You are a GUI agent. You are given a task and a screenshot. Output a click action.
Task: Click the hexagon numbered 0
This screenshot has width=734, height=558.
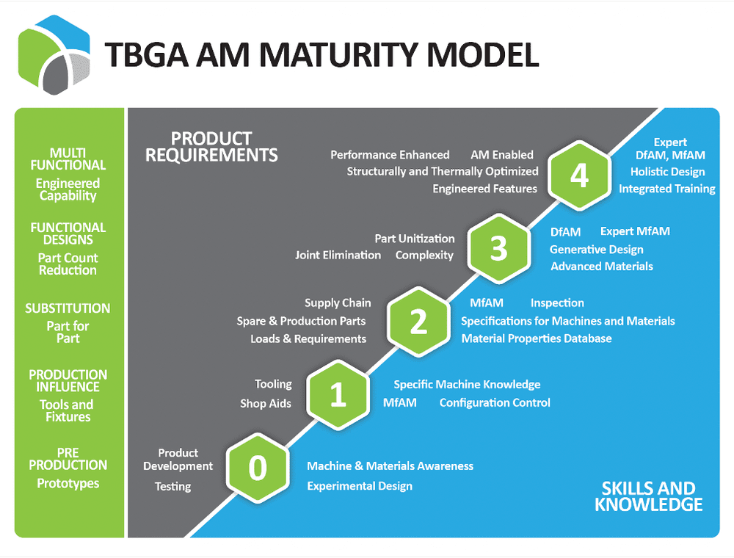[x=257, y=468]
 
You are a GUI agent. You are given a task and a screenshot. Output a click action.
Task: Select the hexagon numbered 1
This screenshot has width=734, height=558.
[x=338, y=394]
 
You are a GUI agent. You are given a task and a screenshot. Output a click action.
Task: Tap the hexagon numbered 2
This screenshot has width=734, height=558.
[x=418, y=322]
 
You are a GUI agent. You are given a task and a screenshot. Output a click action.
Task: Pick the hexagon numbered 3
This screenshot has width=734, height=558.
[x=499, y=248]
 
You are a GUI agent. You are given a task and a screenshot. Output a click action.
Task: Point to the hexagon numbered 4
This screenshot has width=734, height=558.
[x=580, y=175]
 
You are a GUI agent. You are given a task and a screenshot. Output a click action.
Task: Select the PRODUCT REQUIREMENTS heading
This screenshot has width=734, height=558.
[x=211, y=147]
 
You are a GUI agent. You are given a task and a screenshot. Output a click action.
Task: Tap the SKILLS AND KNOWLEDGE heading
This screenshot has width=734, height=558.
[x=648, y=496]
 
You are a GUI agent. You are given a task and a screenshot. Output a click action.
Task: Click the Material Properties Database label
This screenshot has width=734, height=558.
[x=536, y=338]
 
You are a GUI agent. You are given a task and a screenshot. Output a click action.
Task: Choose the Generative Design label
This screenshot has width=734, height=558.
[x=596, y=250]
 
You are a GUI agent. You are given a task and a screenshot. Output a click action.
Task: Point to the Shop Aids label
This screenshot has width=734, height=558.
[x=266, y=403]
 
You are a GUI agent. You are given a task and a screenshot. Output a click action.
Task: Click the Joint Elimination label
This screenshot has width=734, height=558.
[x=338, y=256]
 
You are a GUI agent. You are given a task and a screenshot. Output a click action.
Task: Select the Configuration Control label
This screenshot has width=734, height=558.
[x=495, y=402]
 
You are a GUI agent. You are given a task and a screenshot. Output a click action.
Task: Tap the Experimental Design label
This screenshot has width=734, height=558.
[x=360, y=486]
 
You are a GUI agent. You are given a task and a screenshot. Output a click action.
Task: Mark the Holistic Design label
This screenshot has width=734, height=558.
[x=667, y=172]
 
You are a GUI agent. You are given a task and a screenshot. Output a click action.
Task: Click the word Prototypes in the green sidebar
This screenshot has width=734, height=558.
[x=68, y=484]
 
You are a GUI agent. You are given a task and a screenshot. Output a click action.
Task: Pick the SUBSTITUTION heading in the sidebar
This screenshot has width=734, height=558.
[x=68, y=308]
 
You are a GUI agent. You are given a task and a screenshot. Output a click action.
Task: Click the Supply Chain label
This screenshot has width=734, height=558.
[x=338, y=302]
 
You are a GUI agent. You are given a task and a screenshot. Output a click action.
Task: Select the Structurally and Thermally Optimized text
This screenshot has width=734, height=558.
[x=443, y=171]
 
